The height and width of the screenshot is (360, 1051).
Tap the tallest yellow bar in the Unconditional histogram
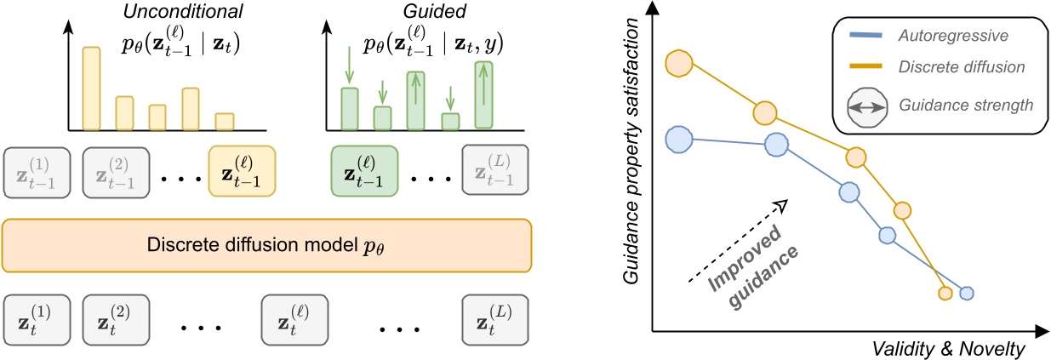pos(91,89)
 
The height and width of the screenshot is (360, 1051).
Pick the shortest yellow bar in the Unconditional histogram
pos(224,122)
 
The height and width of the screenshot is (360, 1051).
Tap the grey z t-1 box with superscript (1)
pos(37,171)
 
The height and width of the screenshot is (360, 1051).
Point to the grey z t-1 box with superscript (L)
pos(494,171)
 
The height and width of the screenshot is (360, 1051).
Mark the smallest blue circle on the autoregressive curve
pos(967,294)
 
